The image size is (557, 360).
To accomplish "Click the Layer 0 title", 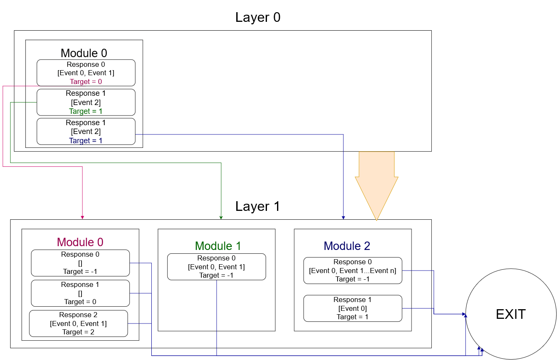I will pos(258,17).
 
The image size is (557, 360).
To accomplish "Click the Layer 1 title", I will pos(258,206).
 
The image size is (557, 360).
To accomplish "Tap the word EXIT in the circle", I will pos(511,314).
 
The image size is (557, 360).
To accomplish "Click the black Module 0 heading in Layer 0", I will pos(84,53).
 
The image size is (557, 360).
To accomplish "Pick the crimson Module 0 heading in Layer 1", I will pos(80,242).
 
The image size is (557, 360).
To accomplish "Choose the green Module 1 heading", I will pos(218,246).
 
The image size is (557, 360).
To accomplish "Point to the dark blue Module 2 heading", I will pos(347,246).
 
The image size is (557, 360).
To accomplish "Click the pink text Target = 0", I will pos(86,81).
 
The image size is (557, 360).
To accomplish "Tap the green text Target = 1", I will pos(86,111).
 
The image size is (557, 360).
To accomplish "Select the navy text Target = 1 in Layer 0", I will pos(86,141).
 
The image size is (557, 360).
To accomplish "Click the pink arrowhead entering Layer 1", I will pos(82,217).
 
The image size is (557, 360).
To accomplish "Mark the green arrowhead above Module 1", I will pos(221,217).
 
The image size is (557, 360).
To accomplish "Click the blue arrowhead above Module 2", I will pos(343,217).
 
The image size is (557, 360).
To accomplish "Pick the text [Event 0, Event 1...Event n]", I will pos(352,271).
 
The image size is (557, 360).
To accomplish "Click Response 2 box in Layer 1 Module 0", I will pos(78,323).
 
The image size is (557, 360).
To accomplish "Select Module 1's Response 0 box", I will pos(216,267).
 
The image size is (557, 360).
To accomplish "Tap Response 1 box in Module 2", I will pos(352,308).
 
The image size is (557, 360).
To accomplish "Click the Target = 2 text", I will pos(78,332).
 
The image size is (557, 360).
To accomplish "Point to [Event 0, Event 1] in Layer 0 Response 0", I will pos(86,73).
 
